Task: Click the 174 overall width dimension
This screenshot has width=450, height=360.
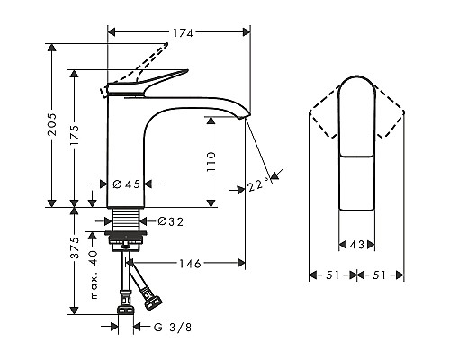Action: pyautogui.click(x=183, y=32)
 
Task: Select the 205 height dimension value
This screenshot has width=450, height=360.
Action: pyautogui.click(x=52, y=124)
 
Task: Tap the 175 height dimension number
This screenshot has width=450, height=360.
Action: pyautogui.click(x=75, y=135)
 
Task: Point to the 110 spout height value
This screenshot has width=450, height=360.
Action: pyautogui.click(x=211, y=162)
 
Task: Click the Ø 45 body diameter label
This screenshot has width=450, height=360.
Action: pyautogui.click(x=127, y=184)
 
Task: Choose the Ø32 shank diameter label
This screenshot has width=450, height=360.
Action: pyautogui.click(x=171, y=221)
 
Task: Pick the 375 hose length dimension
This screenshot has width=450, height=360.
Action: pyautogui.click(x=75, y=247)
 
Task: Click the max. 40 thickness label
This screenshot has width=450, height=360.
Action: pyautogui.click(x=94, y=274)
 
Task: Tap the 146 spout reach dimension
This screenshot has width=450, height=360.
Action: pyautogui.click(x=190, y=264)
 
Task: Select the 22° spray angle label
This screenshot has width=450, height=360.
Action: pyautogui.click(x=259, y=184)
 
